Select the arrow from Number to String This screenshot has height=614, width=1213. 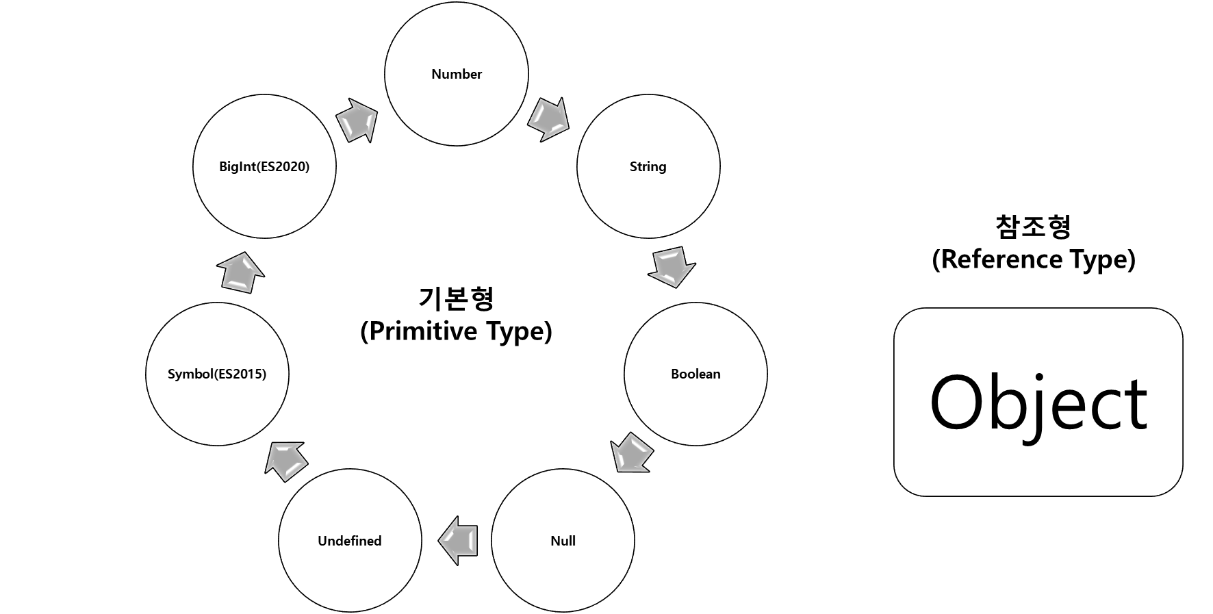548,120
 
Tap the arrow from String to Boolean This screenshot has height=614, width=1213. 672,266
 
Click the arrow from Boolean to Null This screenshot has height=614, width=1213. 631,453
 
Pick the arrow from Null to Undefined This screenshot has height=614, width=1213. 458,541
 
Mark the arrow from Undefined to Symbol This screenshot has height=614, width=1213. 286,461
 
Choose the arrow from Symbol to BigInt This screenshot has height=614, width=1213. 241,272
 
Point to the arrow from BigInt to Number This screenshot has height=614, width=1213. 357,120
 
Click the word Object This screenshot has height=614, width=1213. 1038,404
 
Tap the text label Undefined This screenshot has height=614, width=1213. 350,541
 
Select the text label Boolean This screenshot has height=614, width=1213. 695,374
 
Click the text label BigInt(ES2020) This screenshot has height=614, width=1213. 264,166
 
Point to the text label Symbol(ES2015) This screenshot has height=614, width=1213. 217,374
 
